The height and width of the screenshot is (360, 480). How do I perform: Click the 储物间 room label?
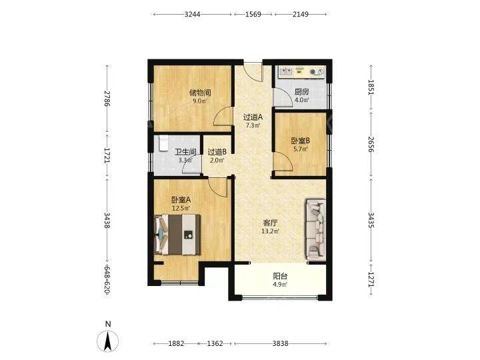click(x=200, y=93)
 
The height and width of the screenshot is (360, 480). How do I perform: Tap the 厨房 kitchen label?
click(x=301, y=92)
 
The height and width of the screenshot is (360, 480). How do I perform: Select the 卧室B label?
click(x=300, y=141)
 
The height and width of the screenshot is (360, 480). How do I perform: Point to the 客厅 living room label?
click(x=270, y=223)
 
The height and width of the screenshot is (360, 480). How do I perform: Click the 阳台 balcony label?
click(x=280, y=277)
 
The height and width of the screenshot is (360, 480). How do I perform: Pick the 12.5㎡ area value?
click(x=181, y=209)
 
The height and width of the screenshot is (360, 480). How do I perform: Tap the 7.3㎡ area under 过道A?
click(x=253, y=125)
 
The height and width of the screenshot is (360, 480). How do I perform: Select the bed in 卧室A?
click(x=177, y=235)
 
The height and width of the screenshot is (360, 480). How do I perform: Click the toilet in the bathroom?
click(x=163, y=143)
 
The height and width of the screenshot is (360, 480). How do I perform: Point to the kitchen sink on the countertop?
click(x=286, y=72)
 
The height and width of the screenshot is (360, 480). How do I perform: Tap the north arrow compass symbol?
click(x=107, y=341)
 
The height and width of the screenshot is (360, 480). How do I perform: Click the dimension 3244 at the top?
click(x=192, y=15)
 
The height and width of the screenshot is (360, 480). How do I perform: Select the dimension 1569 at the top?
click(x=253, y=15)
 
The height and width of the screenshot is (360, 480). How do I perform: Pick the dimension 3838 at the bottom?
click(x=280, y=343)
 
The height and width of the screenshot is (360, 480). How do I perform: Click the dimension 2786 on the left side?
click(x=107, y=99)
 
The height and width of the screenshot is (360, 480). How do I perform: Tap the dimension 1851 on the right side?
click(x=371, y=87)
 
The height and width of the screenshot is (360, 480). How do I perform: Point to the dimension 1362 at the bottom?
click(x=215, y=343)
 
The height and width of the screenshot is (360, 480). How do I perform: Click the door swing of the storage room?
click(x=223, y=116)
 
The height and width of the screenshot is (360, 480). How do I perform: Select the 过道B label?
click(x=217, y=152)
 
